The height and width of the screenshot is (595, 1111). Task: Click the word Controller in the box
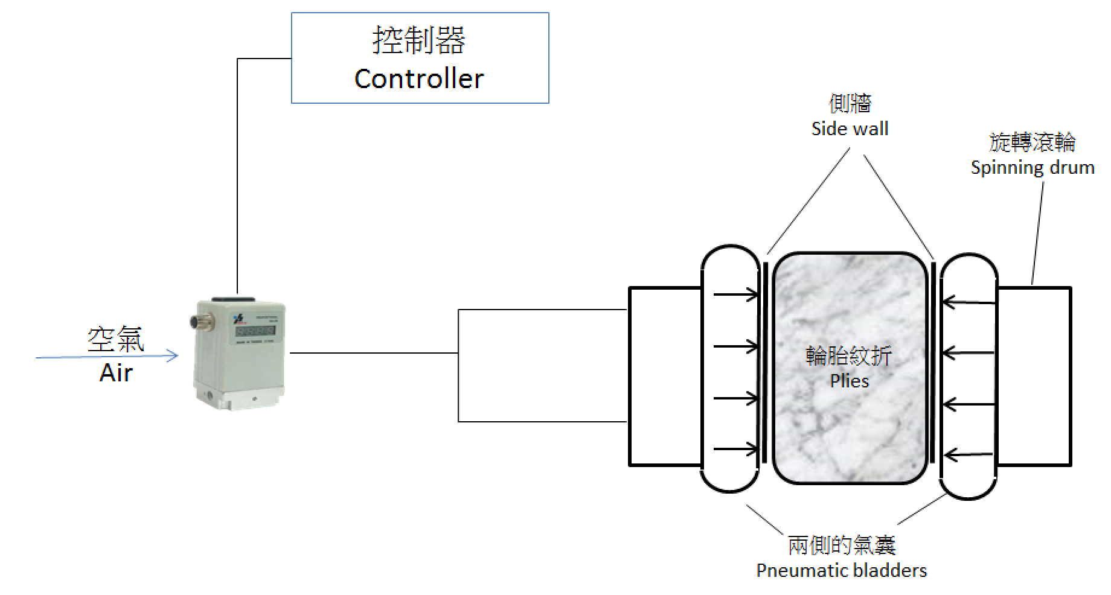(419, 78)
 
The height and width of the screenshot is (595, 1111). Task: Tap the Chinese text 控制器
(419, 40)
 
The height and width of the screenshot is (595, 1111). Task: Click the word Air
(116, 373)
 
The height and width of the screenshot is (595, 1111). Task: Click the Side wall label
(850, 129)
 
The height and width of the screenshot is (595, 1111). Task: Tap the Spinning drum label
(1033, 167)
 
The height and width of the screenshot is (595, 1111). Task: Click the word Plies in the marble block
(850, 381)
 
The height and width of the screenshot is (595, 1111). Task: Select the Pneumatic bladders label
(841, 570)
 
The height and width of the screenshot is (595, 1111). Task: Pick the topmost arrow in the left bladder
(736, 295)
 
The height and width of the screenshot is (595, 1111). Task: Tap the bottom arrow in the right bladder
(968, 454)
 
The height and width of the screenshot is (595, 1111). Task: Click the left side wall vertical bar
(765, 362)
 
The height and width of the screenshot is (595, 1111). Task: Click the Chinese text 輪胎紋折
(849, 356)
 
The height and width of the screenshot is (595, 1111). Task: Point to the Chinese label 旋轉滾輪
(1033, 142)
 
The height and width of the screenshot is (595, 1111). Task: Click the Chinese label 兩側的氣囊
(841, 546)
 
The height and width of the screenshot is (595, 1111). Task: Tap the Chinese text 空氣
(116, 339)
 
